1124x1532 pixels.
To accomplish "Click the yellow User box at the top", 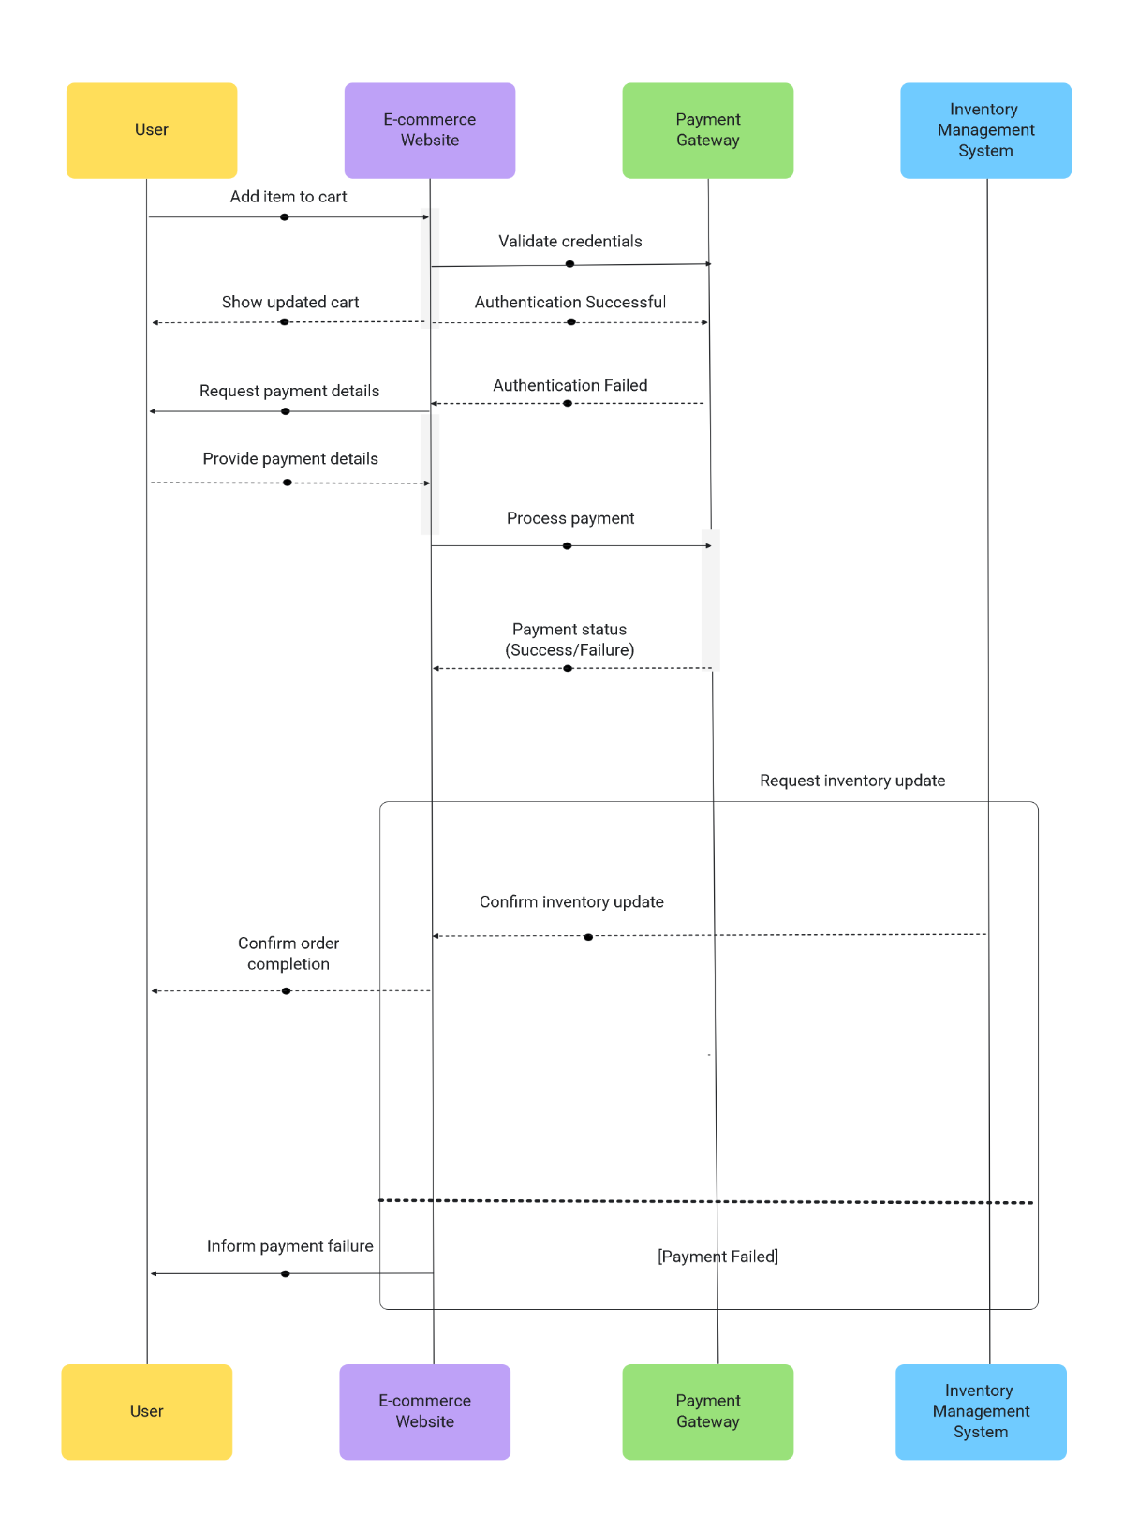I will click(151, 130).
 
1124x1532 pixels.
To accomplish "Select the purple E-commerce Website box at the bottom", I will click(424, 1411).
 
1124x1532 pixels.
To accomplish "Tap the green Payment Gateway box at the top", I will click(707, 130).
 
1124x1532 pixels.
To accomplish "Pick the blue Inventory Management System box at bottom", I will click(981, 1411).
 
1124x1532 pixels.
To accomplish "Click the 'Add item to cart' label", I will click(288, 197).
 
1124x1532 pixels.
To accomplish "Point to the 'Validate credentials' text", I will click(569, 242).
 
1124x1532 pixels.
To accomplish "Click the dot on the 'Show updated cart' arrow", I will click(285, 322).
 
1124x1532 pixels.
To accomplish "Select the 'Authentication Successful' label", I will click(569, 303).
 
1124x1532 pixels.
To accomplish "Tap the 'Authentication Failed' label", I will click(569, 386).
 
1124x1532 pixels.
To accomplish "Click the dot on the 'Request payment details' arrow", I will click(286, 411).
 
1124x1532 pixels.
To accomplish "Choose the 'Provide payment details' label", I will click(290, 459).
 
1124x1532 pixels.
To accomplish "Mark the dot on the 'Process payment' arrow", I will click(567, 545).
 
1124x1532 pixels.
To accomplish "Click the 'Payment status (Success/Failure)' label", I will click(569, 640).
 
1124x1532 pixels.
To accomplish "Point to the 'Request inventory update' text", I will click(852, 781).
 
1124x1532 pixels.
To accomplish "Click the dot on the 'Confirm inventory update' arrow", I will click(588, 937).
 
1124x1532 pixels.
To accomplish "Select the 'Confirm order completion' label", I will click(288, 954).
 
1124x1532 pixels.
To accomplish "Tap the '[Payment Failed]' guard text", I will click(717, 1257).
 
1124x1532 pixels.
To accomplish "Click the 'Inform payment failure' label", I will click(290, 1246).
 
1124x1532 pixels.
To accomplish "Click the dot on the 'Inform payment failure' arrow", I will click(286, 1273).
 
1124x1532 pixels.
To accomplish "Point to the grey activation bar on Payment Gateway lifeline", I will click(711, 600).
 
